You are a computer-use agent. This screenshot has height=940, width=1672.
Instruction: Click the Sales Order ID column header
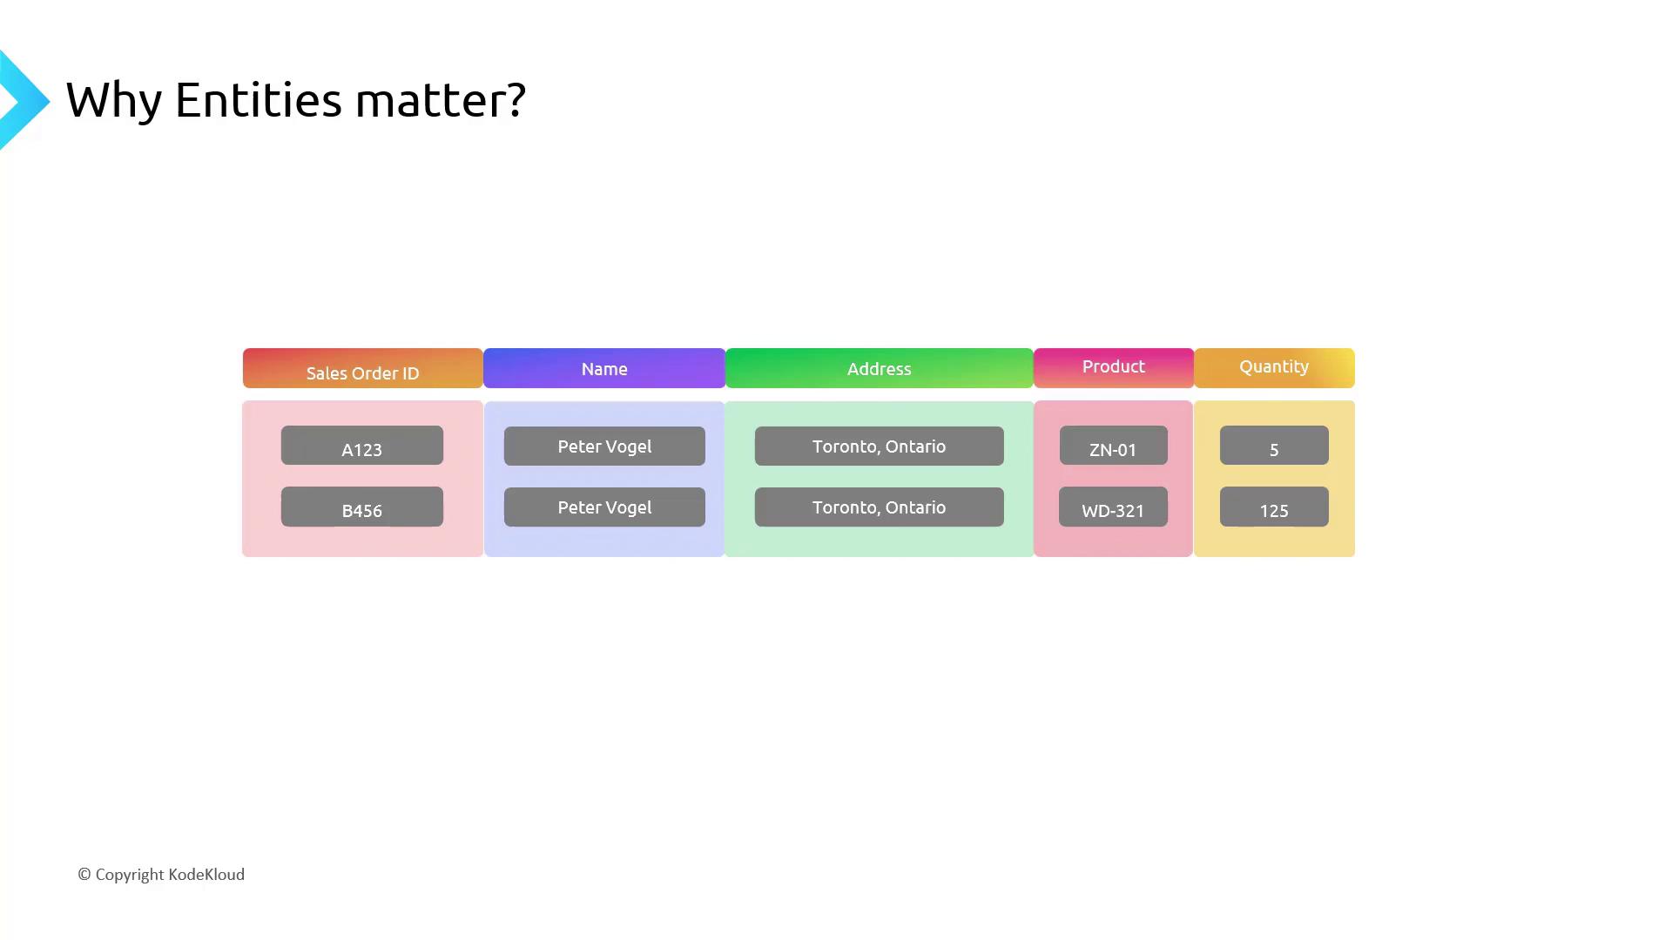pyautogui.click(x=362, y=368)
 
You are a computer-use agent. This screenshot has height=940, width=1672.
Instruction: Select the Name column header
pyautogui.click(x=604, y=368)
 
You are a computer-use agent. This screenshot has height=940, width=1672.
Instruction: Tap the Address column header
pyautogui.click(x=880, y=368)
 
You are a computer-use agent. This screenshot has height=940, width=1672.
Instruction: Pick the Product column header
pyautogui.click(x=1114, y=368)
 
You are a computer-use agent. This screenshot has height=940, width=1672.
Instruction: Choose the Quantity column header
pyautogui.click(x=1274, y=368)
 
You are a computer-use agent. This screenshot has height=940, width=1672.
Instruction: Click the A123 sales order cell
pyautogui.click(x=362, y=446)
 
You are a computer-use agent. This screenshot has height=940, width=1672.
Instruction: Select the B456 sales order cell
pyautogui.click(x=362, y=507)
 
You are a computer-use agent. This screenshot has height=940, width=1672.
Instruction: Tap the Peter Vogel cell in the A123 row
pyautogui.click(x=604, y=446)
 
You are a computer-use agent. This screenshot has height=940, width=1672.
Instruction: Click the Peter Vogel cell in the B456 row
pyautogui.click(x=604, y=507)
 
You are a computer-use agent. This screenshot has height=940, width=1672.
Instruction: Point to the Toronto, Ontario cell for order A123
pyautogui.click(x=880, y=446)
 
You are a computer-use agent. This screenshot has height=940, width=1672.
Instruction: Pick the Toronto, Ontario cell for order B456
pyautogui.click(x=880, y=507)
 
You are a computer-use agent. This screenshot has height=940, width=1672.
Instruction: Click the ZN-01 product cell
pyautogui.click(x=1114, y=446)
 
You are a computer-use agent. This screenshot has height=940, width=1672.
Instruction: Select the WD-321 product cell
pyautogui.click(x=1114, y=507)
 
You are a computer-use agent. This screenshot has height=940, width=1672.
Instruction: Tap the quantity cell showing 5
pyautogui.click(x=1274, y=446)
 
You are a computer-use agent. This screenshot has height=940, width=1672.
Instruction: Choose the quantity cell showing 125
pyautogui.click(x=1274, y=507)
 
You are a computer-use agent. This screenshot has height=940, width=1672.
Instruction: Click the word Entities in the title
pyautogui.click(x=259, y=99)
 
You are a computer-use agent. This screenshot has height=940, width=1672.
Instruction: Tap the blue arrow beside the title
pyautogui.click(x=24, y=101)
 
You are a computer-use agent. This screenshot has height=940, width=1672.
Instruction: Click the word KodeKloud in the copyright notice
pyautogui.click(x=206, y=875)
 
